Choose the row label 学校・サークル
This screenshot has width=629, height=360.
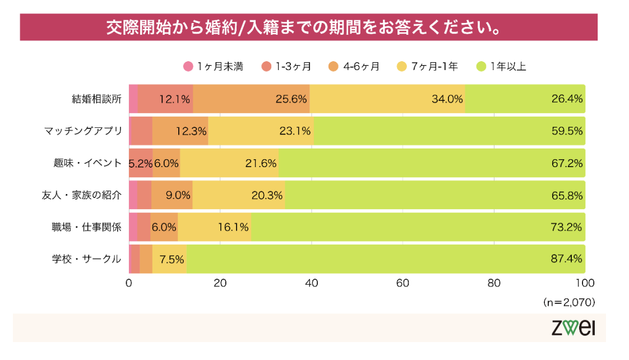87,259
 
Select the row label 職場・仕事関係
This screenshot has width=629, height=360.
87,227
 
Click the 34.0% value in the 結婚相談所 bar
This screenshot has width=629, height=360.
447,99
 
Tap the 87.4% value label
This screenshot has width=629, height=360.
567,259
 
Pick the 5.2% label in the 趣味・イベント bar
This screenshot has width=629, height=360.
141,163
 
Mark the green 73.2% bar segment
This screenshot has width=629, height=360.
418,227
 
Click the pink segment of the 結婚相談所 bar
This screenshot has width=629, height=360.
133,99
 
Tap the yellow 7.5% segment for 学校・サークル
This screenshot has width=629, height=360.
169,259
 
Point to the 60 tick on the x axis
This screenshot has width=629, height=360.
403,283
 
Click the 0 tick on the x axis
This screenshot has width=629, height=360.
129,283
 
